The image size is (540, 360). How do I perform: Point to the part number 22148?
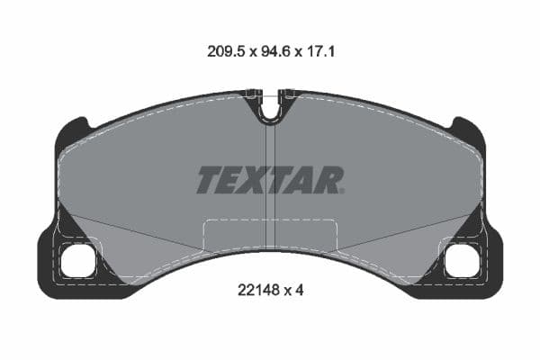click(x=255, y=290)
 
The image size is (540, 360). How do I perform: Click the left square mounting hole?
click(x=76, y=260)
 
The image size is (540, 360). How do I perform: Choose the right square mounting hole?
click(x=463, y=260)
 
